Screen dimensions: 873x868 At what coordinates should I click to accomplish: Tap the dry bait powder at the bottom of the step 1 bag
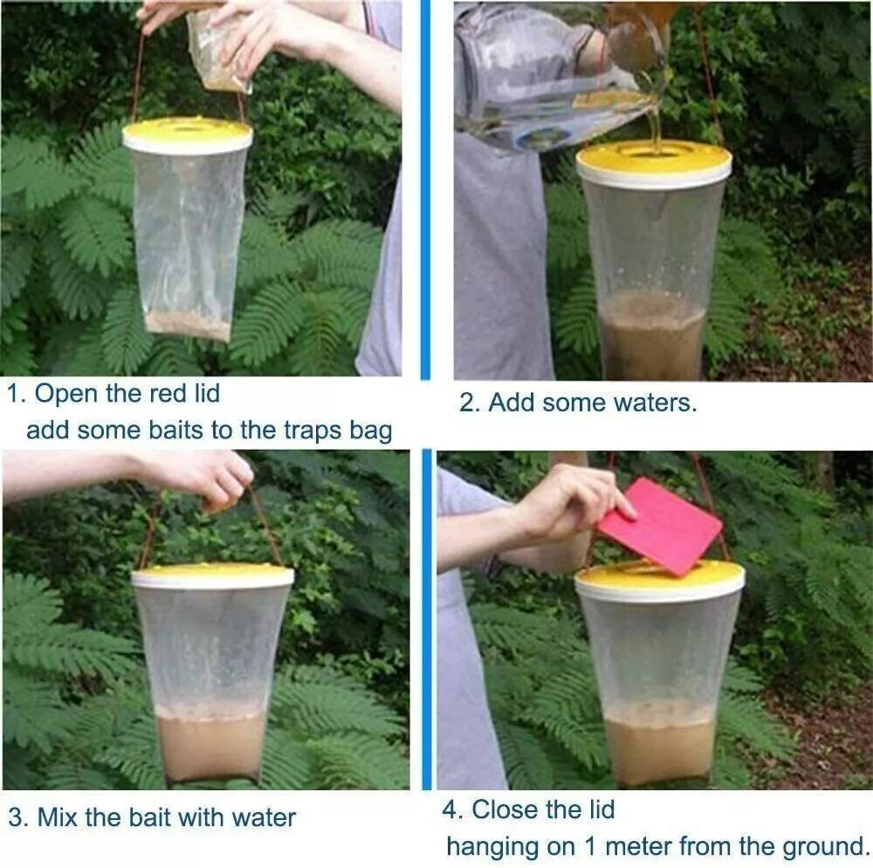coord(189,325)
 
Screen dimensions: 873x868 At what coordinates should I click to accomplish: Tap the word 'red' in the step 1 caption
coord(169,394)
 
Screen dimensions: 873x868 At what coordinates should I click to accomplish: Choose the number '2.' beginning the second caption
coord(470,403)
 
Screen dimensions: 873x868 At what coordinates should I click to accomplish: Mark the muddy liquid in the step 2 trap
coord(652,337)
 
